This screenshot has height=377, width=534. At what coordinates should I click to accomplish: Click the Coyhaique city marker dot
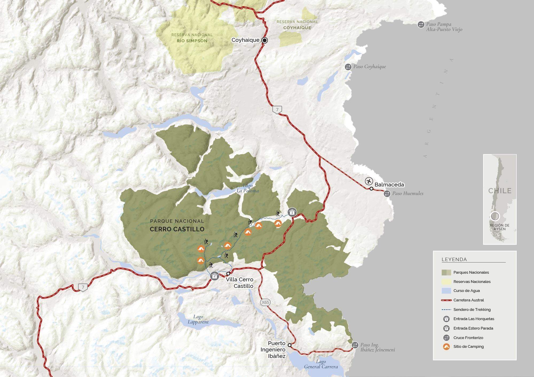(x=265, y=40)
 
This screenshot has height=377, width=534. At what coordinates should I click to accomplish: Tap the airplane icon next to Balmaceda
(x=369, y=181)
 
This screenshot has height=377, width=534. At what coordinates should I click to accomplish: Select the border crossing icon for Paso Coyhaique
(x=348, y=67)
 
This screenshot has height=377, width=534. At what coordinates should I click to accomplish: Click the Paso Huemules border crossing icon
(x=387, y=194)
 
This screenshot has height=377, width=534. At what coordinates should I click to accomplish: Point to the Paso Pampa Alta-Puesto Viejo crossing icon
(x=421, y=25)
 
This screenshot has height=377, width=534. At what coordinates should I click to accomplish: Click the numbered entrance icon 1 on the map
(x=292, y=212)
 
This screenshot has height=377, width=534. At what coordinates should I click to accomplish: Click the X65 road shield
(x=265, y=302)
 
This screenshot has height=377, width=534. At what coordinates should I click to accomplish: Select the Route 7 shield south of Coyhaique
(x=277, y=109)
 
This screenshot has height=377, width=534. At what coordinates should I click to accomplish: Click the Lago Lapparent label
(x=198, y=319)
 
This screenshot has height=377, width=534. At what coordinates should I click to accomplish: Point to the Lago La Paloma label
(x=248, y=188)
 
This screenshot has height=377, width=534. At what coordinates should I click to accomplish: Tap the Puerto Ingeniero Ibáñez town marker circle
(x=289, y=345)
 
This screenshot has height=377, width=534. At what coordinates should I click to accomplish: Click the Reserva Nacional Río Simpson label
(x=192, y=38)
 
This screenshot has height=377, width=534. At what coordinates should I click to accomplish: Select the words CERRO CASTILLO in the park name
(x=177, y=229)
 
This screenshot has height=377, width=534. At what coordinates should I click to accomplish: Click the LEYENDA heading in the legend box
(x=454, y=259)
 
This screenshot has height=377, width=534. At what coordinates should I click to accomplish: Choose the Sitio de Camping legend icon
(x=446, y=347)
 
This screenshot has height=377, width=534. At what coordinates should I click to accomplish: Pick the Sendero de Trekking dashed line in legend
(x=446, y=309)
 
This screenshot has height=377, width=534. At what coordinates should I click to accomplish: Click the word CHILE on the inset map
(x=500, y=191)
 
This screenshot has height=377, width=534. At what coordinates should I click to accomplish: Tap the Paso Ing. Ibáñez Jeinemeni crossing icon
(x=355, y=345)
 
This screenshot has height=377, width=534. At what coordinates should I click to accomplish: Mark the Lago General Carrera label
(x=321, y=364)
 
